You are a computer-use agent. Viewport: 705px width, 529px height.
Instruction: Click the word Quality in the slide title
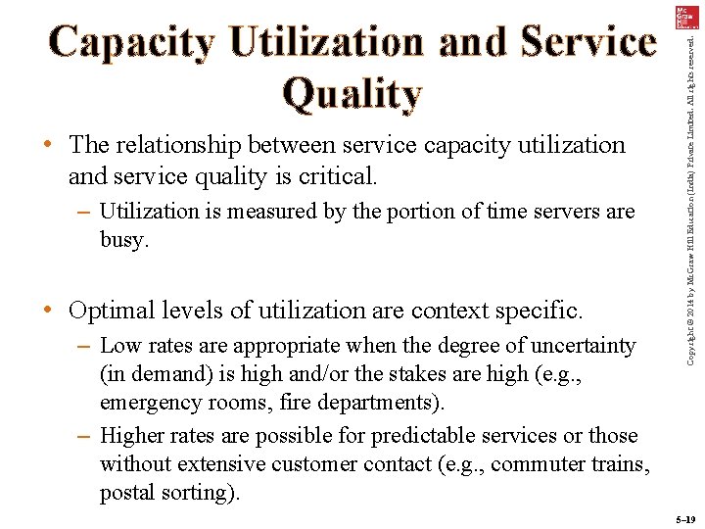coord(352,93)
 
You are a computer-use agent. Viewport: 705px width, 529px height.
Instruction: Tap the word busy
coord(122,240)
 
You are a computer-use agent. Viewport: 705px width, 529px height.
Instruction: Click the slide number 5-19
coord(684,518)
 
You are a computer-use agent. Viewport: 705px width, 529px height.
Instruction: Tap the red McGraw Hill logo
coord(684,19)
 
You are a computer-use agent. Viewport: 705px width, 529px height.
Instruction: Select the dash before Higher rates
coord(83,435)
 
